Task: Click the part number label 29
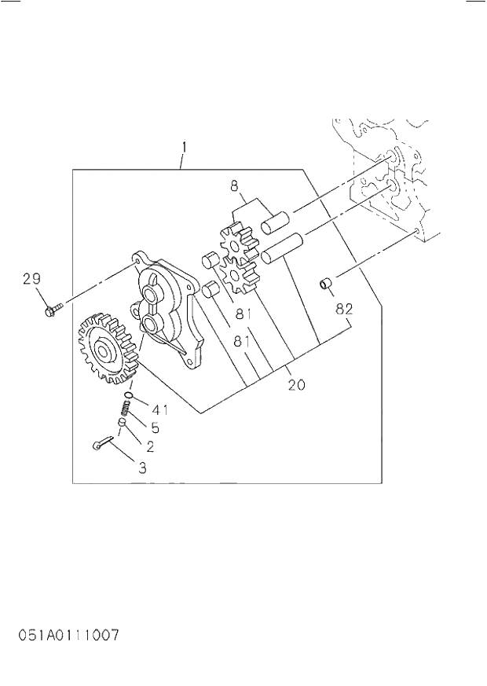point(31,278)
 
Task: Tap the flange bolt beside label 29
point(51,310)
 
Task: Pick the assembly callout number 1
point(184,146)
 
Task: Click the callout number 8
point(233,186)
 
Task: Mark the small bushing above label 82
point(324,282)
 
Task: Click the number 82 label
point(343,309)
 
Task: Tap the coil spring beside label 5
point(125,409)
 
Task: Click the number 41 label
point(160,409)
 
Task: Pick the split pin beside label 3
point(101,446)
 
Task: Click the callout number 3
point(142,468)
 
